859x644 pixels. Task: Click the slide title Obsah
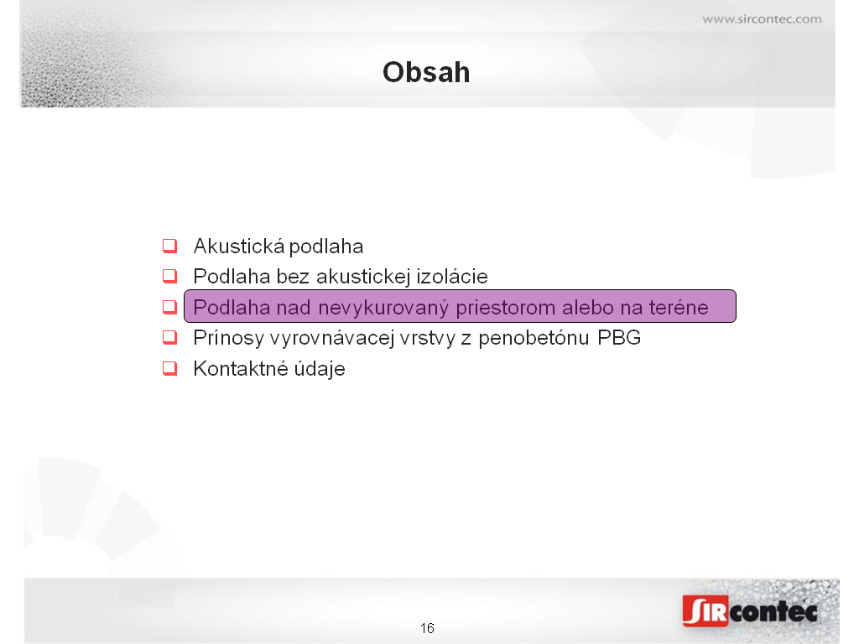click(x=426, y=72)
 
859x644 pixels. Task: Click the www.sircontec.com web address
click(x=762, y=19)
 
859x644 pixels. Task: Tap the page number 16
click(x=427, y=628)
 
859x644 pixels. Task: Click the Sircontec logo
click(x=750, y=610)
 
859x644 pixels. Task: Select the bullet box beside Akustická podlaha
click(x=169, y=246)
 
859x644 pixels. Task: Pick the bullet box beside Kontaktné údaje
click(x=169, y=369)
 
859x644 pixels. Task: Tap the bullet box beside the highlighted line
click(x=169, y=307)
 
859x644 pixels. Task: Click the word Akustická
click(x=239, y=246)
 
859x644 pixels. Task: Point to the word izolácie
click(x=452, y=277)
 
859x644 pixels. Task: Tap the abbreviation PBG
click(x=619, y=338)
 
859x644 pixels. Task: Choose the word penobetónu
click(x=534, y=339)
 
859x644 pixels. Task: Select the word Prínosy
click(x=229, y=339)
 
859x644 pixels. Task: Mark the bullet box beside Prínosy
click(x=169, y=337)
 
